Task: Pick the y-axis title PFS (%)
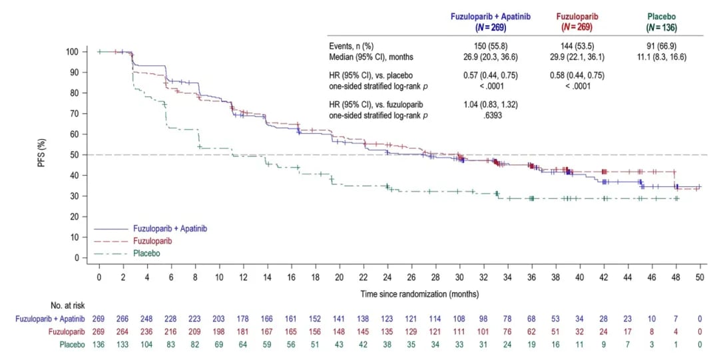[x=42, y=154]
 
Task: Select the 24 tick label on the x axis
[x=387, y=276]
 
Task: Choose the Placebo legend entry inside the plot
[x=145, y=253]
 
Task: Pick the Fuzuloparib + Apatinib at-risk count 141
[x=340, y=319]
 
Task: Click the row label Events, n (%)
[x=352, y=47]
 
